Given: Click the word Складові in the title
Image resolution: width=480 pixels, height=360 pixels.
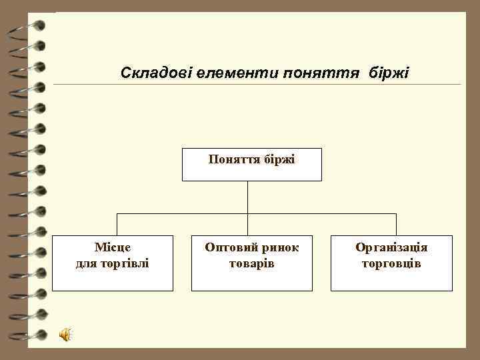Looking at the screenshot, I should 156,72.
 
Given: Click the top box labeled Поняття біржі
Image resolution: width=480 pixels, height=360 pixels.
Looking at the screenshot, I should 251,164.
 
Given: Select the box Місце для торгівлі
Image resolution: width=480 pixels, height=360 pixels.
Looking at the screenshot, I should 112,263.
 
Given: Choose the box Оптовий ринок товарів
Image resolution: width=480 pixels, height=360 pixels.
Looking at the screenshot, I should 251,263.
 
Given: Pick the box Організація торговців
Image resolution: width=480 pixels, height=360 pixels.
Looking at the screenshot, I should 391,263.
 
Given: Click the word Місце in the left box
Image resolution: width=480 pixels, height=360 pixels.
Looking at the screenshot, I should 113,248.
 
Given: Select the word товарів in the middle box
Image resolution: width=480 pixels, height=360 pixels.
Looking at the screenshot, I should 252,263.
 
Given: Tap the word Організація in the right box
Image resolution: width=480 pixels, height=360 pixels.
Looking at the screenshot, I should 391,248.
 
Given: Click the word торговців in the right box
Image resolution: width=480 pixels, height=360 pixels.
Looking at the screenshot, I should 391,263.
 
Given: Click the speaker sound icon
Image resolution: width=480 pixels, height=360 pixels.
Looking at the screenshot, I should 66,335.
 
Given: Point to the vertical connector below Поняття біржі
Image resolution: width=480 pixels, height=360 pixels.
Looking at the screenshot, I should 247,197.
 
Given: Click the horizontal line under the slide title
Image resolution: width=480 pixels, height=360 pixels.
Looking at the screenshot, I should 257,85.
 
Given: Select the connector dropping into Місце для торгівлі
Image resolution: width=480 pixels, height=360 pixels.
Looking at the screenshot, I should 117,224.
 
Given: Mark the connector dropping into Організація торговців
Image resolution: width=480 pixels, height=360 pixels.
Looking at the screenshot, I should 396,224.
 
